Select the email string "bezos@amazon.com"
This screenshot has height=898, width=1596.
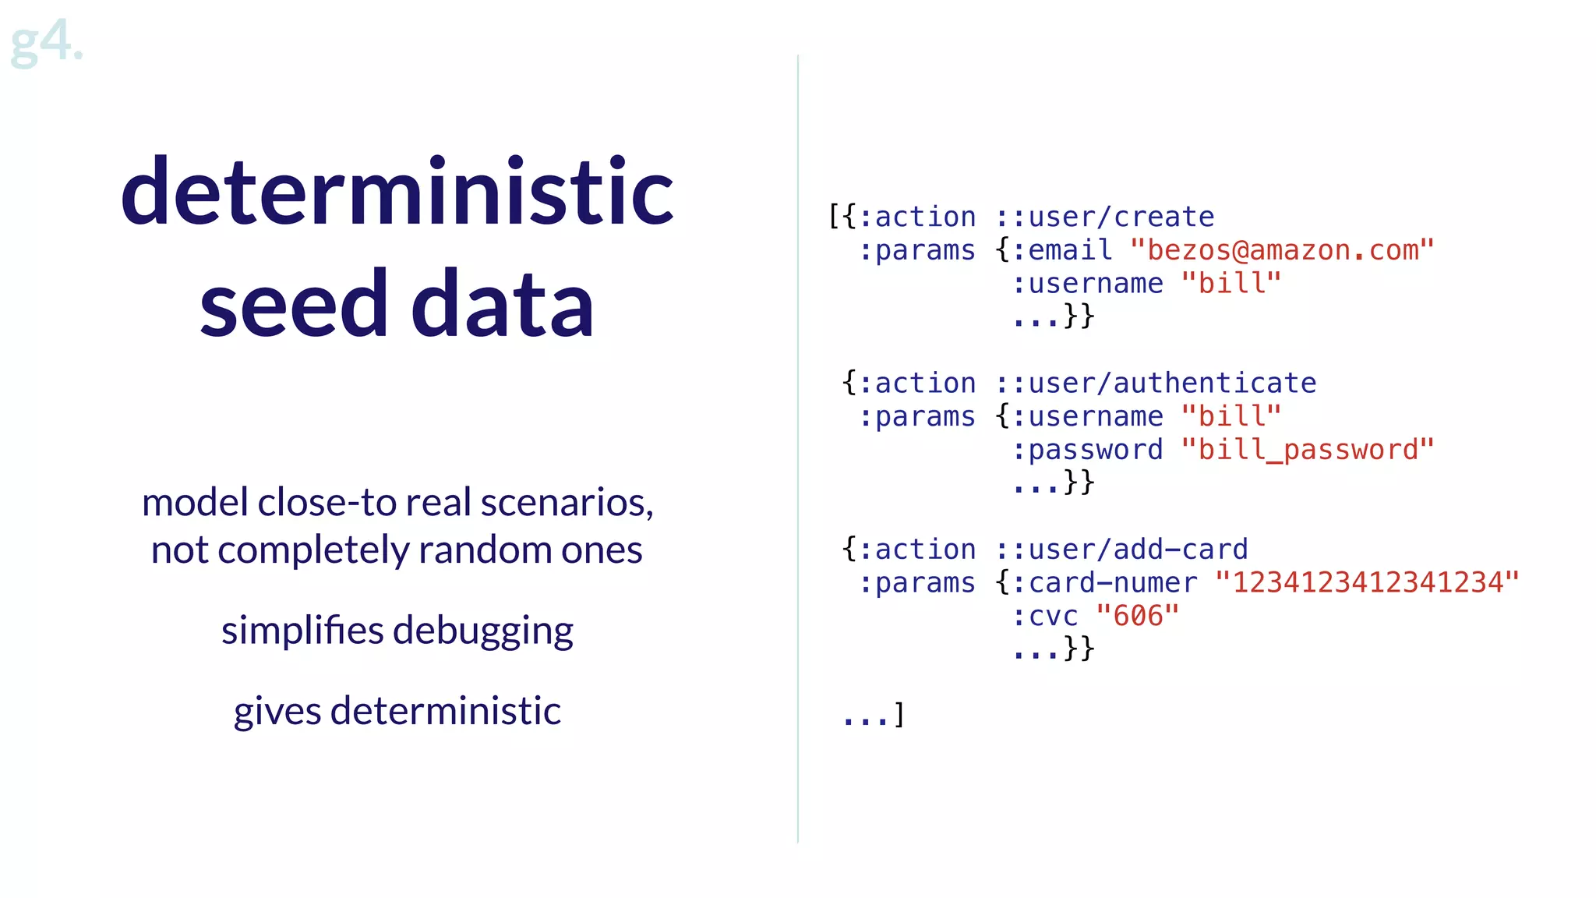pos(1282,250)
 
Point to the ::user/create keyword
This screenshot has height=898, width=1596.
pos(1105,217)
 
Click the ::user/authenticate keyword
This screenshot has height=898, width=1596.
pos(1156,384)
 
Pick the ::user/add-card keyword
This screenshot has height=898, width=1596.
pos(1122,550)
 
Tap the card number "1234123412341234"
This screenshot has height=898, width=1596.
pos(1368,582)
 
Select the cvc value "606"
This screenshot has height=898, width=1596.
pos(1138,616)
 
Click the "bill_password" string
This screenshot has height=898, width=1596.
pos(1308,450)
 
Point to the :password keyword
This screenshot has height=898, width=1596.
pos(1088,450)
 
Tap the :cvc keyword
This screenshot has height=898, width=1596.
pos(1046,616)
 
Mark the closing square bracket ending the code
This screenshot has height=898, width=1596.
pos(899,714)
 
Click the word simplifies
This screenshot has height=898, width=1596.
pos(302,630)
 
